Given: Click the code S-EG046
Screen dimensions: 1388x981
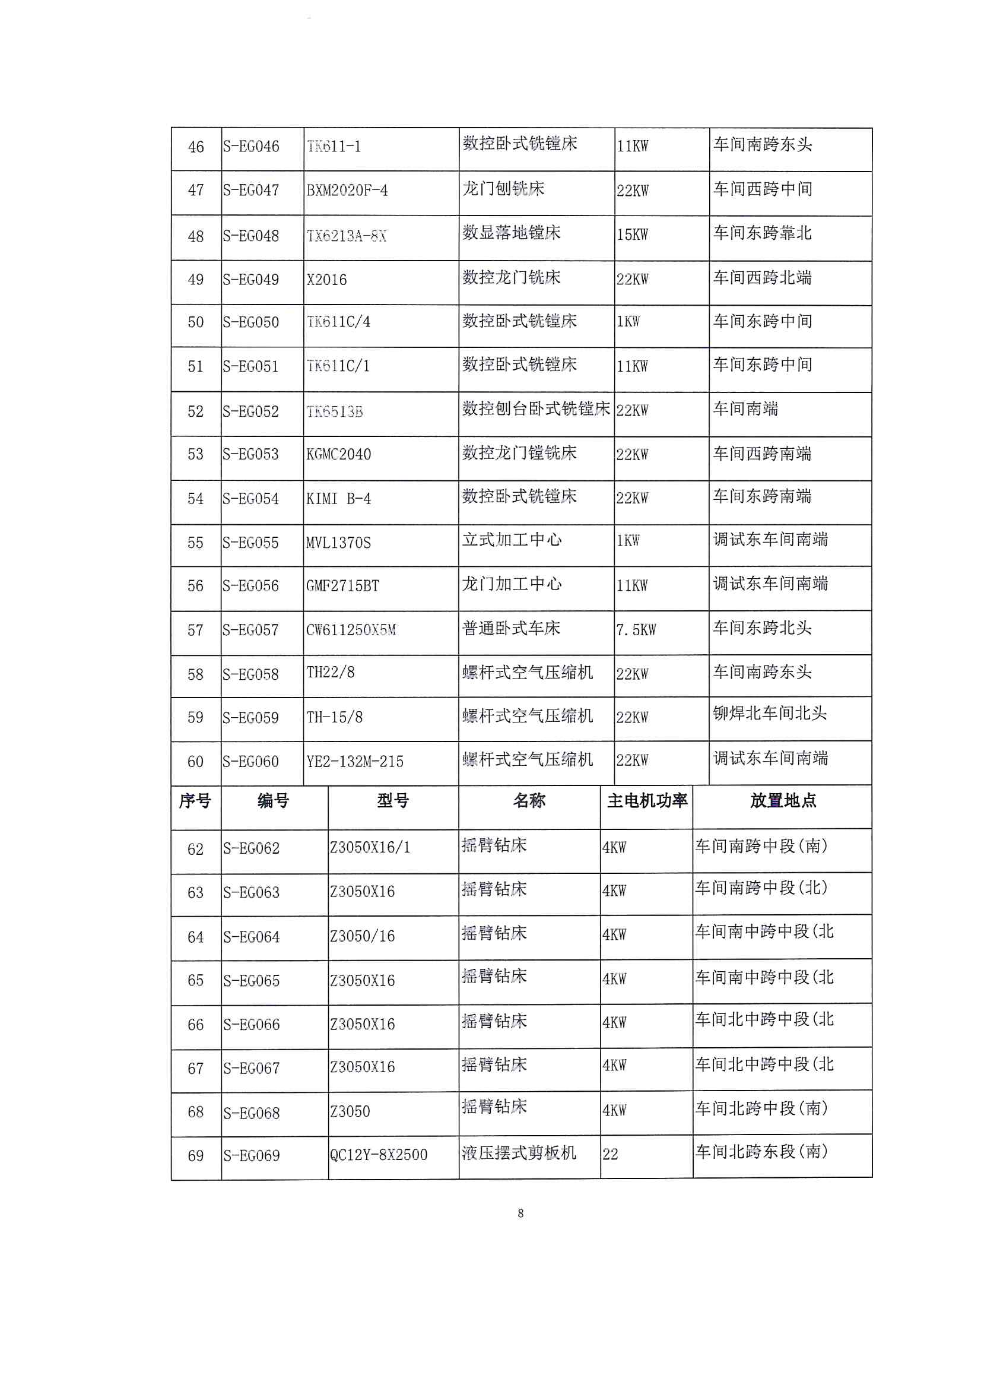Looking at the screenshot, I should click(x=251, y=147).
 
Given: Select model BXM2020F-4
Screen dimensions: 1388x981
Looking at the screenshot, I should click(x=347, y=191).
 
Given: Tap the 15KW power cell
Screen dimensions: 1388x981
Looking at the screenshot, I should click(x=632, y=234).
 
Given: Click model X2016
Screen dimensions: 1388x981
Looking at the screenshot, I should click(x=326, y=280).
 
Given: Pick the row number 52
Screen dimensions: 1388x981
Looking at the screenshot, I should click(x=195, y=411).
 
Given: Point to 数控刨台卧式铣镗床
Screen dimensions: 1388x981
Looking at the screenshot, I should click(x=536, y=409).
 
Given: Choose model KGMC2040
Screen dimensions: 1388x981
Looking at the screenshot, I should click(x=338, y=455).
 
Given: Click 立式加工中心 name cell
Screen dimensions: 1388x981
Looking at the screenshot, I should click(x=512, y=540).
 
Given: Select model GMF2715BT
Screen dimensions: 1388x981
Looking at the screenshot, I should click(x=342, y=586).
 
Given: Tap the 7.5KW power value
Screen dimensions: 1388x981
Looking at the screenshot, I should click(x=636, y=630).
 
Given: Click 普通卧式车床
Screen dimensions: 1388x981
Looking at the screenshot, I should click(x=512, y=628).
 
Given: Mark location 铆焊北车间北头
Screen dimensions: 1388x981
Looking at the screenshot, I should click(x=770, y=714).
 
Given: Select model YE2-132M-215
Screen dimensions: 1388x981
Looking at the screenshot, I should click(x=355, y=762).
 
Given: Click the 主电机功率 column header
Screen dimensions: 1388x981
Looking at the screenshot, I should click(x=647, y=801).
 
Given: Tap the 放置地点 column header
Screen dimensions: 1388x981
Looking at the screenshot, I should click(x=783, y=801).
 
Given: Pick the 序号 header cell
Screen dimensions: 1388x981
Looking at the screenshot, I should click(x=195, y=801).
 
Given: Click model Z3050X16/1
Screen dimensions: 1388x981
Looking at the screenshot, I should click(x=370, y=848).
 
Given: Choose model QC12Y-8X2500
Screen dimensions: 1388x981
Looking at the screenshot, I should click(x=379, y=1155).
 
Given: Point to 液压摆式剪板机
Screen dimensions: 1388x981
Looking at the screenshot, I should click(x=519, y=1153).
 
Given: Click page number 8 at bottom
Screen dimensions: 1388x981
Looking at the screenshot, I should click(x=520, y=1213).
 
